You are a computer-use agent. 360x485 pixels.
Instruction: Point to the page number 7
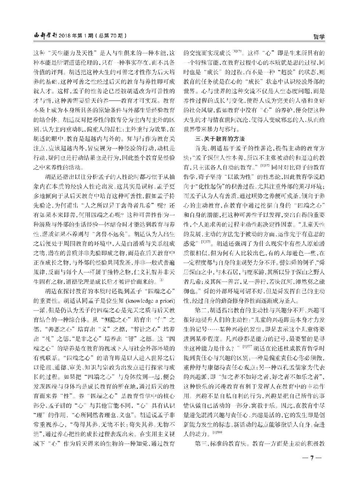[312, 458]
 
